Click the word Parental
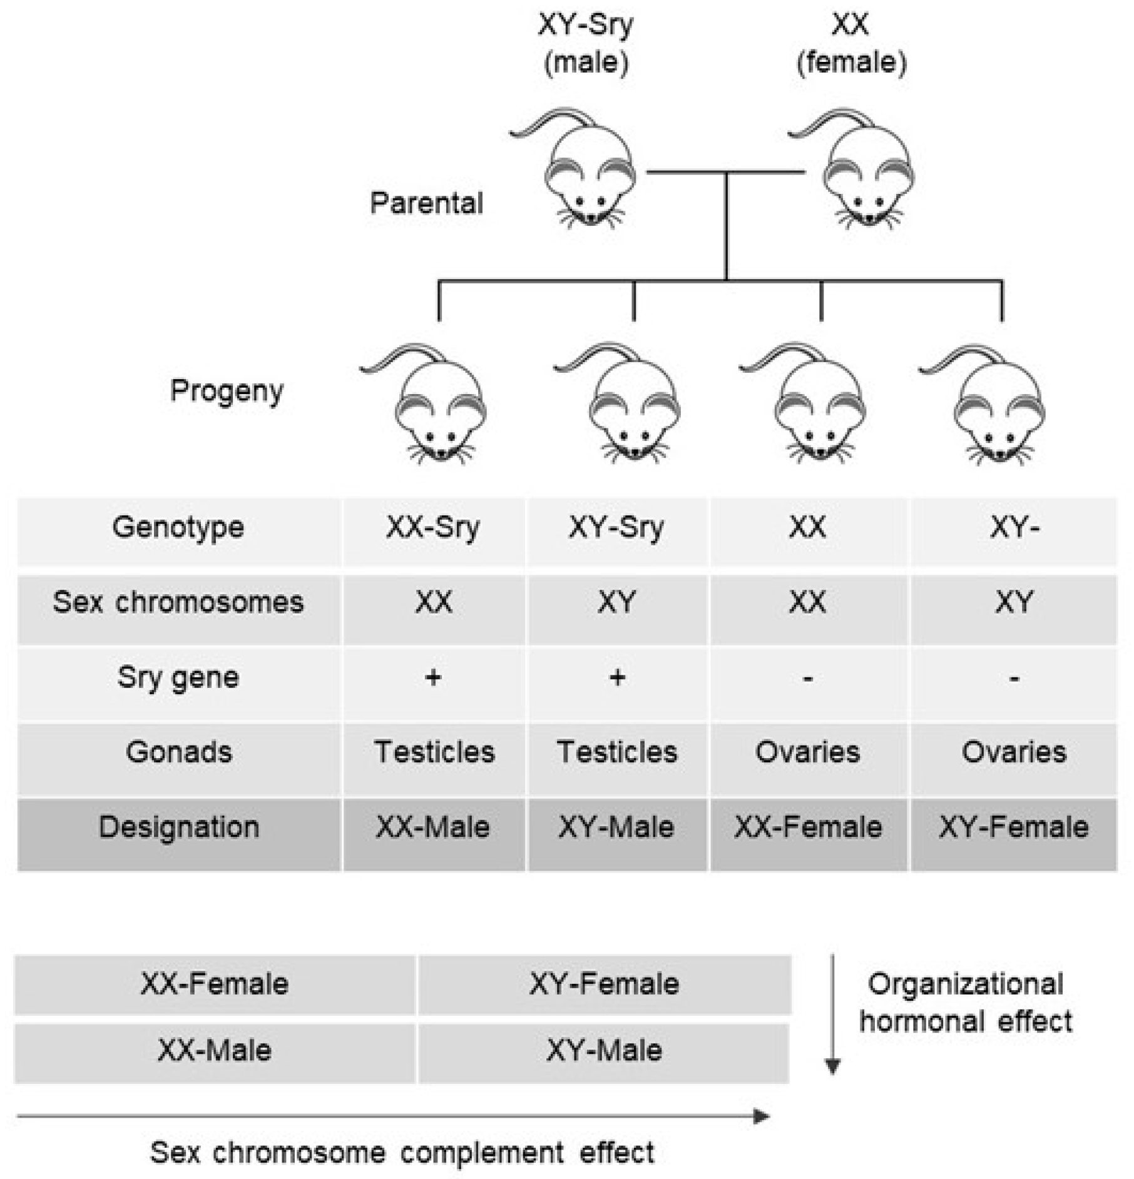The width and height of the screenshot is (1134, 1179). pos(426,203)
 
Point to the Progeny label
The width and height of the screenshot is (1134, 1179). pos(227,391)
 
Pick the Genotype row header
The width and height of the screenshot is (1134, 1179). pos(178,527)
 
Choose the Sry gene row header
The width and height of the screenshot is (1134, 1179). pos(178,677)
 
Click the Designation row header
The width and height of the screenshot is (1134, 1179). pos(178,827)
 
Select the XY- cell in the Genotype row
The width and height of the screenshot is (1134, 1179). pos(1014,527)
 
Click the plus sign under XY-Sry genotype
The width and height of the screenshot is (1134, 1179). pos(617,677)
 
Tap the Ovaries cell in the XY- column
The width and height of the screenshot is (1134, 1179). pos(1014,752)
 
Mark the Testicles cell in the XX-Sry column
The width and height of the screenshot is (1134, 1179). pos(434,752)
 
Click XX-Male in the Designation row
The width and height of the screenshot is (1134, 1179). pos(433,827)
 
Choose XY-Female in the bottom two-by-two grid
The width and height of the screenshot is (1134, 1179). pos(604,984)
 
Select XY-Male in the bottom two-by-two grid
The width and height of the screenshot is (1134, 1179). pos(604,1050)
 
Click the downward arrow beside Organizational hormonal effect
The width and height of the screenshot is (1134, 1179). pos(832,1013)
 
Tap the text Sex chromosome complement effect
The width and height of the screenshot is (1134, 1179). pos(402,1152)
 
